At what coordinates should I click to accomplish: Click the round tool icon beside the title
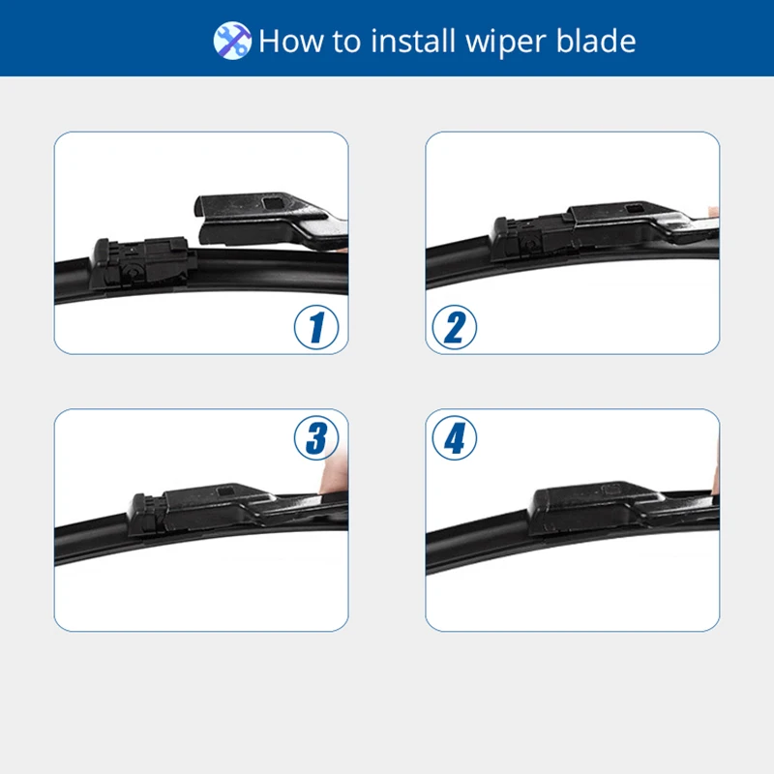[x=232, y=41]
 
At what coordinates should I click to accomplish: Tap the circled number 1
[x=316, y=328]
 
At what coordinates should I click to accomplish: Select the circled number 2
[x=455, y=328]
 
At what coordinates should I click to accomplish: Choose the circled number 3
[x=316, y=438]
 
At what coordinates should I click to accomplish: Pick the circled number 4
[x=455, y=438]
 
